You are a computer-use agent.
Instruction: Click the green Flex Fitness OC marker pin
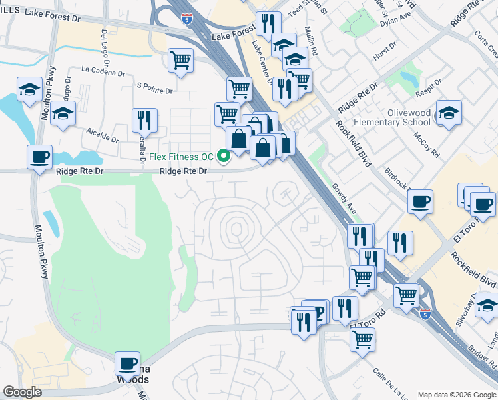point(224,157)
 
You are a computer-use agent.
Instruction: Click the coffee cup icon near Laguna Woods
point(127,364)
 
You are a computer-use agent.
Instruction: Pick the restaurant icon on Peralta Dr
point(144,121)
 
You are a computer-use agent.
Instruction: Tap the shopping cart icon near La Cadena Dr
point(180,61)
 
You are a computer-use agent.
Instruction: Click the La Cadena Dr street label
point(103,69)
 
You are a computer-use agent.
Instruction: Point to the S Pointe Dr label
point(154,86)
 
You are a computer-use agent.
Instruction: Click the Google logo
point(23,392)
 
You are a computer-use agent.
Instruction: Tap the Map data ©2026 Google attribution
point(456,395)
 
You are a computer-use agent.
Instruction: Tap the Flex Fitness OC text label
point(181,157)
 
